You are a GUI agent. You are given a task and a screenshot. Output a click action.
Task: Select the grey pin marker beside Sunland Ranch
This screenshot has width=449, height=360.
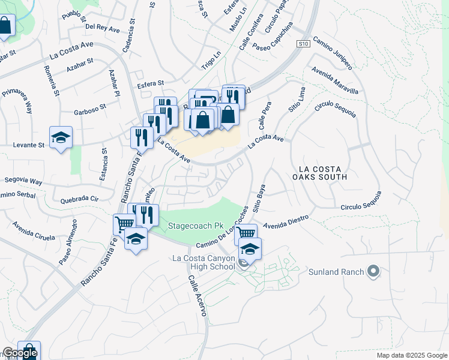coord(373,272)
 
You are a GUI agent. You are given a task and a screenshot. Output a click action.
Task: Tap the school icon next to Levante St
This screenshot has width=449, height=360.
coord(61,138)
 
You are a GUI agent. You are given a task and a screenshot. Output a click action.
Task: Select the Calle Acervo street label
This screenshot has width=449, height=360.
coord(197,296)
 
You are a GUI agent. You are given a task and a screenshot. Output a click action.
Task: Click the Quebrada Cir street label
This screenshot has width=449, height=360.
coord(76,199)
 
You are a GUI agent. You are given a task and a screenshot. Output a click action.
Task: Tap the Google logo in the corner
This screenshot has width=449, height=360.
coord(19,353)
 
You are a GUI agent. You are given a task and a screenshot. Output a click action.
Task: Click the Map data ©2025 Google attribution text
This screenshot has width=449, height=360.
coord(412,355)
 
